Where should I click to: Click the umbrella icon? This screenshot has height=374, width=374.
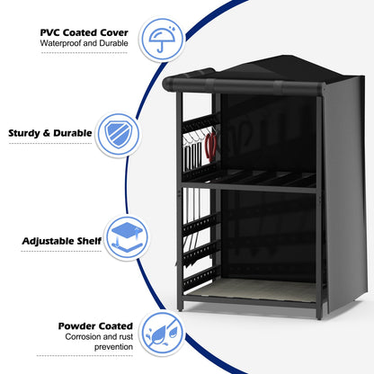tap(162, 39)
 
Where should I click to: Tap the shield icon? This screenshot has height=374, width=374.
tap(119, 135)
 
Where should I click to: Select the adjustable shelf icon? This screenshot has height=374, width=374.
tap(127, 237)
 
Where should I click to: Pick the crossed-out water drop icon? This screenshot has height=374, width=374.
tap(162, 334)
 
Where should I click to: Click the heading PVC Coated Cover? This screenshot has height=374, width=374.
tap(85, 32)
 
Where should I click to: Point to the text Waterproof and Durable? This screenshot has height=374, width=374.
tap(85, 43)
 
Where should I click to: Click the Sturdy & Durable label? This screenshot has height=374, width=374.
tap(50, 133)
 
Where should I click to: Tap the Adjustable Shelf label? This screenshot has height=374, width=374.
tap(62, 241)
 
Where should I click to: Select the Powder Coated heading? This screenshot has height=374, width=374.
tap(95, 326)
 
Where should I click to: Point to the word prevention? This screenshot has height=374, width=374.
tap(113, 347)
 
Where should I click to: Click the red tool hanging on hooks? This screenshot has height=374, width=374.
tap(210, 146)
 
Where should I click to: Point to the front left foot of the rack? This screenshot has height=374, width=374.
tap(180, 307)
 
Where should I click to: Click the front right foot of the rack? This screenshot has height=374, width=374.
tap(319, 315)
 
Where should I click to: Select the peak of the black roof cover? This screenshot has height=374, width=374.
tap(283, 57)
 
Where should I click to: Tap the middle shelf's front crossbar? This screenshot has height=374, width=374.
tap(249, 187)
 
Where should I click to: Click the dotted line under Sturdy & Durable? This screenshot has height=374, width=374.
tap(50, 143)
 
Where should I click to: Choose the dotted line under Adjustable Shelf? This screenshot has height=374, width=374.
tap(61, 251)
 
